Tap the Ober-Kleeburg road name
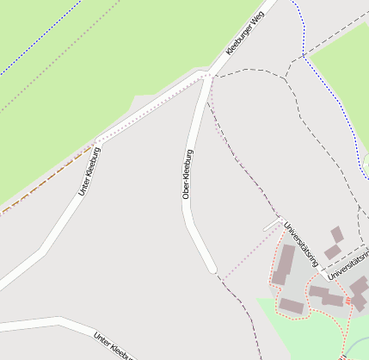[188, 175]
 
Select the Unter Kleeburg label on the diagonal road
[89, 171]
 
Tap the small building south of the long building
[291, 306]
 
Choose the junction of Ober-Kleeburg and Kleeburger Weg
[207, 75]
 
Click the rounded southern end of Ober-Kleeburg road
[212, 269]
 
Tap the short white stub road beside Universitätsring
[272, 226]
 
